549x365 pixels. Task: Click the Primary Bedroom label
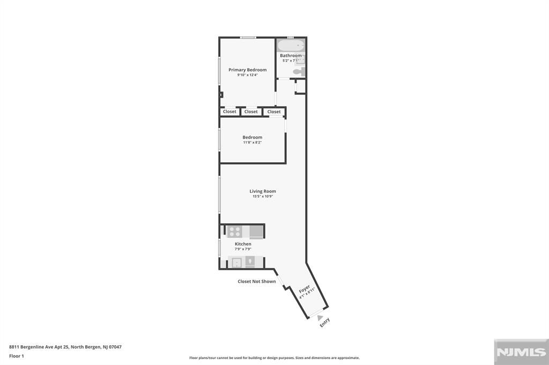(x=247, y=70)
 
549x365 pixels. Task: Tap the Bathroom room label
(x=291, y=56)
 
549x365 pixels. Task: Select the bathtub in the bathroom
(x=291, y=45)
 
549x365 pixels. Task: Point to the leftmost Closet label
(x=229, y=112)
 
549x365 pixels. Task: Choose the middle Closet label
(x=251, y=112)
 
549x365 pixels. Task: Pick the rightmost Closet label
(x=274, y=112)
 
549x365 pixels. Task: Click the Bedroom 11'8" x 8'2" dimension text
(x=252, y=142)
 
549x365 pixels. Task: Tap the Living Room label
(x=263, y=191)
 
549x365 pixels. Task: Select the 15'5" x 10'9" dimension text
(x=263, y=196)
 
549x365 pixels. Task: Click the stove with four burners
(x=235, y=232)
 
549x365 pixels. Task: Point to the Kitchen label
(x=243, y=244)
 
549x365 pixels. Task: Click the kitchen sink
(x=236, y=262)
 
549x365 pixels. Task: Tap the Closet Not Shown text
(x=257, y=282)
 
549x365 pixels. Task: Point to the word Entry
(x=325, y=322)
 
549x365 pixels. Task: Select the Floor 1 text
(x=17, y=356)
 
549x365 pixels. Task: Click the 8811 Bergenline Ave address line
(x=65, y=347)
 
